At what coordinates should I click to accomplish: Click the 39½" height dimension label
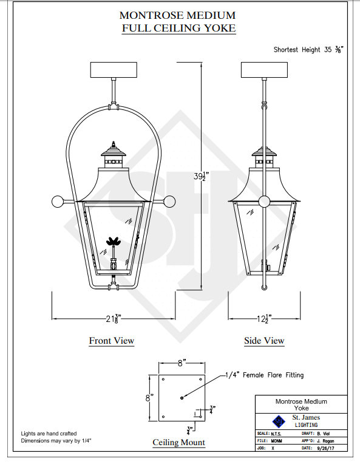pyautogui.click(x=201, y=176)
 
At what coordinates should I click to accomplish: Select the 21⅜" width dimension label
pyautogui.click(x=114, y=319)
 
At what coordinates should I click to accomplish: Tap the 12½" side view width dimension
pyautogui.click(x=264, y=319)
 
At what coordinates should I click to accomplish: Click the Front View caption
pyautogui.click(x=112, y=341)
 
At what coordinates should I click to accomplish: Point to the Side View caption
pyautogui.click(x=264, y=341)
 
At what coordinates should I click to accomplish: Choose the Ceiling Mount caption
pyautogui.click(x=178, y=442)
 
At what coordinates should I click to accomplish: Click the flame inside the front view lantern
pyautogui.click(x=114, y=241)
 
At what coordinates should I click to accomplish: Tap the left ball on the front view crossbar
pyautogui.click(x=58, y=202)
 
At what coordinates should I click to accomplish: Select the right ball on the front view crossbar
pyautogui.click(x=169, y=202)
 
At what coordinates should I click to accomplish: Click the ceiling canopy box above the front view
pyautogui.click(x=114, y=70)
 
